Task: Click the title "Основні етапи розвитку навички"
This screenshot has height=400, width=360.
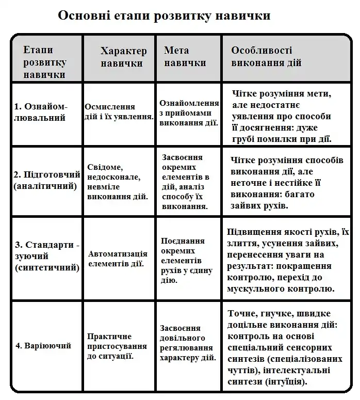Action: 164,15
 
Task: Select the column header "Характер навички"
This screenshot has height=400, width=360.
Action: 123,57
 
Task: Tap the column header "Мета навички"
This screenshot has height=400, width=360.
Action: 185,57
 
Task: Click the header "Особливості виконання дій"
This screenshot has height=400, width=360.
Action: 266,57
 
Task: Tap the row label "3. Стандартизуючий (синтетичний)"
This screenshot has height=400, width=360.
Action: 47,256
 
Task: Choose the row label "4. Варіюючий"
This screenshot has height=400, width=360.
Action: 43,345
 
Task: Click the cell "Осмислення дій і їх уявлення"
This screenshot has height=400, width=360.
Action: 119,111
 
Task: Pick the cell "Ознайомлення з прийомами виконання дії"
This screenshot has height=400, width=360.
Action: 189,113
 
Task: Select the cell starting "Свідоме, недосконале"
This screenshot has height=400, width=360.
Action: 118,182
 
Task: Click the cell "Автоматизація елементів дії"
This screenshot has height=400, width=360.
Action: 118,259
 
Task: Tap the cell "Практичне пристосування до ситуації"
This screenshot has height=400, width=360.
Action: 110,346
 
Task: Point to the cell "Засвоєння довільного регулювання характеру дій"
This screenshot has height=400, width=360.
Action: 188,343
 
